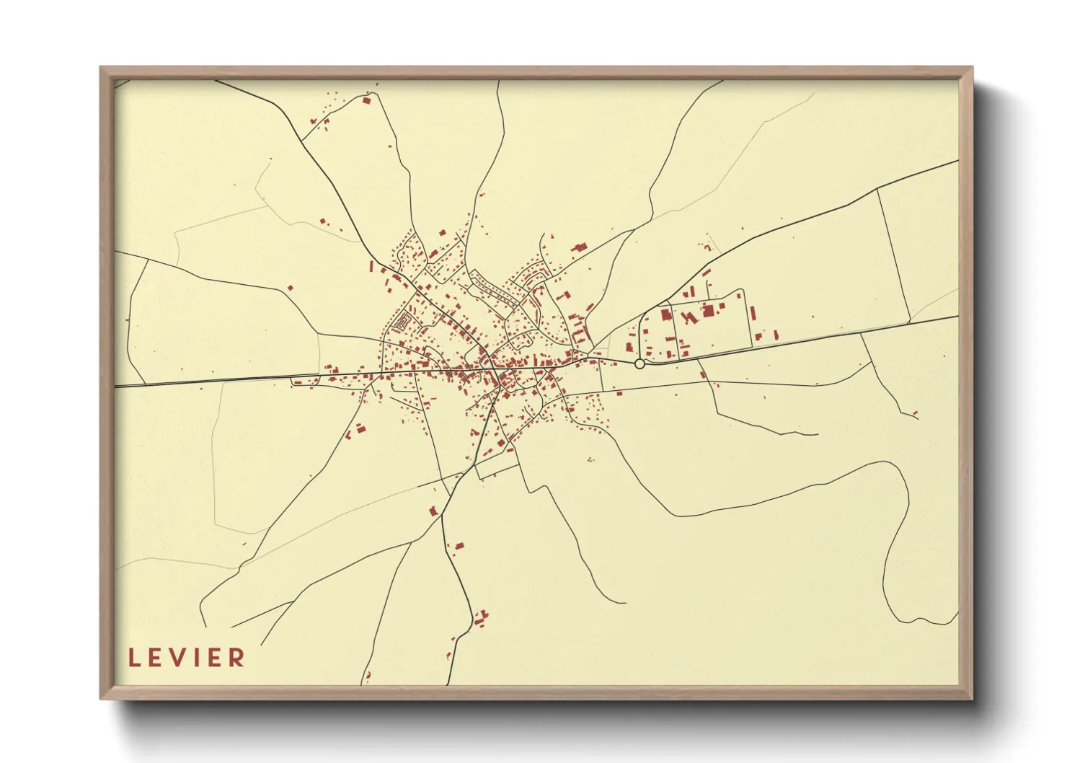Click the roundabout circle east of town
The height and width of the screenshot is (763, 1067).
(639, 364)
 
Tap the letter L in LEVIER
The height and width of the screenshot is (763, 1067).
(134, 658)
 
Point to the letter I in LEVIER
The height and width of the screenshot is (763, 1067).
(198, 658)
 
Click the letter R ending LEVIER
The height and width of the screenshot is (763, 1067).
(237, 658)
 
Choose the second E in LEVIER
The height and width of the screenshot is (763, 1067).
(215, 658)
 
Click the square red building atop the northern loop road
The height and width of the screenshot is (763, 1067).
(366, 100)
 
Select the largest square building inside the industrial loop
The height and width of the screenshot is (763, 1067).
(708, 310)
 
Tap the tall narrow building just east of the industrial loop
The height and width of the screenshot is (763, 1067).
(753, 315)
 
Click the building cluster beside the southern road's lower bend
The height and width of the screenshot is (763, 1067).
(480, 618)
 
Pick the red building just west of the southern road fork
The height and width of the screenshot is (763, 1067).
(434, 511)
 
